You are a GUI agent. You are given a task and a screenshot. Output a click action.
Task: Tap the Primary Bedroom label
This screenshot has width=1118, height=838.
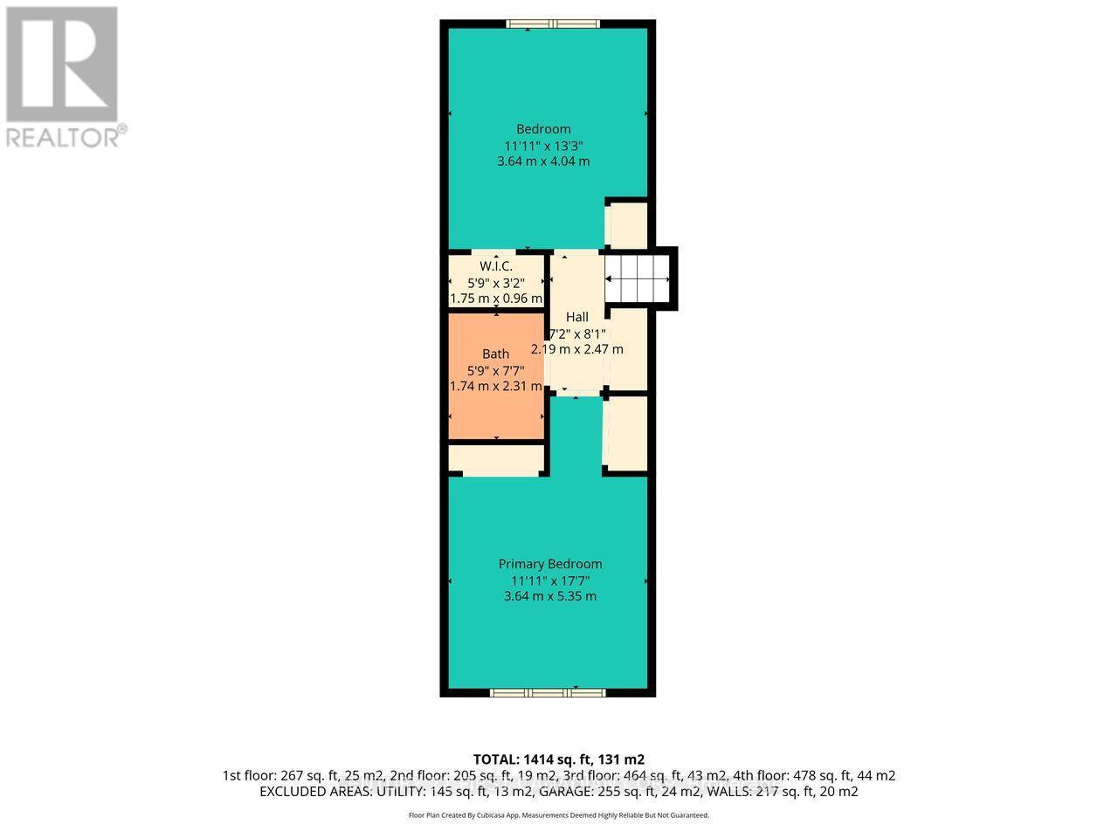(549, 564)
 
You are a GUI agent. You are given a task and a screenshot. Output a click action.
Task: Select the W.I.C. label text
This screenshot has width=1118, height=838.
(495, 266)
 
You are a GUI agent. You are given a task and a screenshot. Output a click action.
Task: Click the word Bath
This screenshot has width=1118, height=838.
(495, 354)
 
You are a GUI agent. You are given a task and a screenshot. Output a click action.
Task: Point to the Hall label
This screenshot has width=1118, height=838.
(576, 317)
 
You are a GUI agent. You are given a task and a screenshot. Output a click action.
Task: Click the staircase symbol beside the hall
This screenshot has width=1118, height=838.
(640, 278)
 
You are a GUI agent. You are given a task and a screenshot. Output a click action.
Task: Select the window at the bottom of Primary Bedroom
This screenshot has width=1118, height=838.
(548, 692)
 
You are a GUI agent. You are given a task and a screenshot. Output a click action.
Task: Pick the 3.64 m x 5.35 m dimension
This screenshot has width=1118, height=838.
(549, 596)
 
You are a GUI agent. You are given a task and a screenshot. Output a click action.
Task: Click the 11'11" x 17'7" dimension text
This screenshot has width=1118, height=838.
(549, 580)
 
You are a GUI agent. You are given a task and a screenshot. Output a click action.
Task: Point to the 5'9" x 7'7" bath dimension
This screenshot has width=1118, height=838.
(495, 370)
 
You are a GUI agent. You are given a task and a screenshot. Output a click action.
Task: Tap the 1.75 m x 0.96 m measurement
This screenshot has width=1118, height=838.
(495, 299)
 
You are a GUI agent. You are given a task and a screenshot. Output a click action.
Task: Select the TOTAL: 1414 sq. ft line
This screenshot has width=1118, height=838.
(558, 759)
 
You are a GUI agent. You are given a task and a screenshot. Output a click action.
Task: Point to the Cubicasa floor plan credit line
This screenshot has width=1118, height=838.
(558, 815)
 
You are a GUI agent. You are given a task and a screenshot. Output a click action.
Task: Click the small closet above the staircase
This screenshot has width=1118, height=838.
(627, 225)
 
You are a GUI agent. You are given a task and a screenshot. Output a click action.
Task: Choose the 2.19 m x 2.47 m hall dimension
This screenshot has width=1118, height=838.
(576, 349)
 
